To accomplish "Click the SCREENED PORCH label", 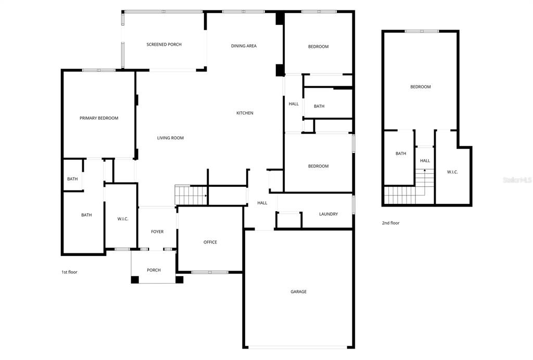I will pyautogui.click(x=164, y=45).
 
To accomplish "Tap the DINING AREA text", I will pyautogui.click(x=244, y=46).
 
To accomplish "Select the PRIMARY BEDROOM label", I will pyautogui.click(x=99, y=118).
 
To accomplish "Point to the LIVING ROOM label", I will pyautogui.click(x=170, y=138).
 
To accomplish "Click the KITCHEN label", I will pyautogui.click(x=245, y=113).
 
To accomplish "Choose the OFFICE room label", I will pyautogui.click(x=210, y=242).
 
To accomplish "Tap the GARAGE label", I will pyautogui.click(x=298, y=292).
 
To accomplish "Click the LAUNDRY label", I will pyautogui.click(x=328, y=214).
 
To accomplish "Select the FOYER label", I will pyautogui.click(x=157, y=232).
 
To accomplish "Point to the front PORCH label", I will pyautogui.click(x=154, y=270).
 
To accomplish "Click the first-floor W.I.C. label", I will pyautogui.click(x=123, y=218).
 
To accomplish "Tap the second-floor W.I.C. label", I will pyautogui.click(x=452, y=172).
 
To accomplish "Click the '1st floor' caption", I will pyautogui.click(x=69, y=272).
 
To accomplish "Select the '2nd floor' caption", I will pyautogui.click(x=390, y=223).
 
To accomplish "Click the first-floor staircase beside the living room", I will pyautogui.click(x=191, y=195).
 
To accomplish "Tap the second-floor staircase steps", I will pyautogui.click(x=403, y=195).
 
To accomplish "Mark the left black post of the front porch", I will pyautogui.click(x=135, y=279).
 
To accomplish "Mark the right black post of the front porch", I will pyautogui.click(x=180, y=279).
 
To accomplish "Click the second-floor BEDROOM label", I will pyautogui.click(x=420, y=87).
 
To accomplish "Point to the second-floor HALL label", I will pyautogui.click(x=425, y=161).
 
